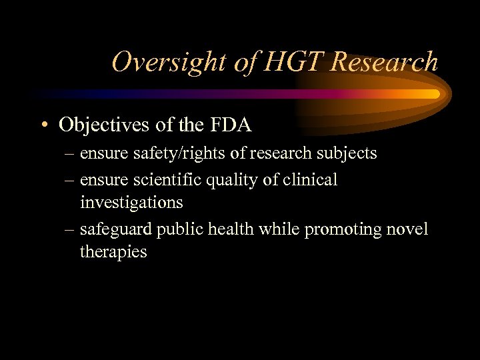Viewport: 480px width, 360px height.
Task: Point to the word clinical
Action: (x=313, y=180)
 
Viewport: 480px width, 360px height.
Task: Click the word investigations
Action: (x=131, y=202)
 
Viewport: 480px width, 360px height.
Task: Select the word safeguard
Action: (x=116, y=229)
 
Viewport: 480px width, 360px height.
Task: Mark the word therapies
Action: (x=113, y=252)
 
